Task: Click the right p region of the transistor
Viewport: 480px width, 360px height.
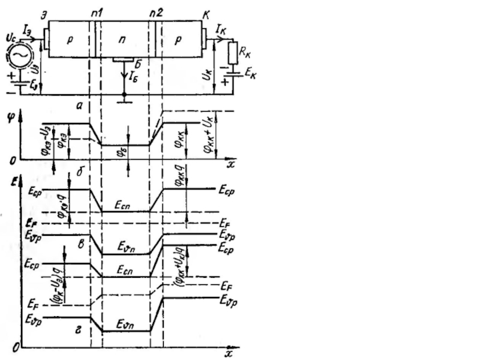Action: click(x=181, y=40)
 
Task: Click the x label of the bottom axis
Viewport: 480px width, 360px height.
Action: click(x=229, y=354)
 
